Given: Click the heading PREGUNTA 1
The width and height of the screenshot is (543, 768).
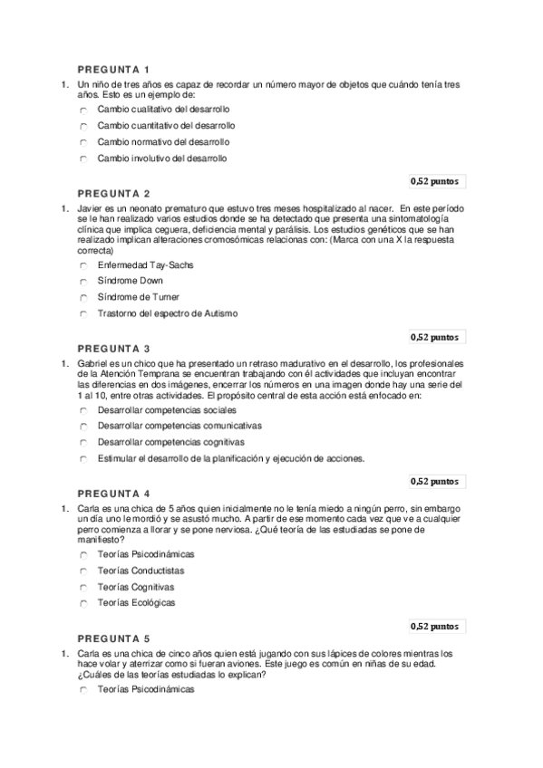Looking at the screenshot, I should tap(113, 69).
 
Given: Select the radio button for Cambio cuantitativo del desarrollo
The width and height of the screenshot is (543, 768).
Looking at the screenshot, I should tap(82, 126).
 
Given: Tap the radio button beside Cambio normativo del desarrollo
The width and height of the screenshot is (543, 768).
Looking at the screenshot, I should tap(82, 142).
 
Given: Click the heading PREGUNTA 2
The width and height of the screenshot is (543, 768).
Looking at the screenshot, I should tap(113, 193).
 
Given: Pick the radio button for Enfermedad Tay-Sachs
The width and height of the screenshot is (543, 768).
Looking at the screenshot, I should tap(82, 265).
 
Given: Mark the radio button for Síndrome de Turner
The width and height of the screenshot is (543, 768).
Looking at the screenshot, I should tap(82, 298).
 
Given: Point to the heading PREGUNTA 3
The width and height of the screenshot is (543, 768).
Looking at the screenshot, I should tap(113, 348).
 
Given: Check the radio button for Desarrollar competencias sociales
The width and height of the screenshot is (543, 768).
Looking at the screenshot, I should tap(82, 410).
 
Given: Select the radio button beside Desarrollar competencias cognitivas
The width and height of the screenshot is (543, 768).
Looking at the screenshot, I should tap(82, 442).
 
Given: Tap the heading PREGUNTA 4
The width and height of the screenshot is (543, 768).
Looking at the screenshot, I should tap(113, 494).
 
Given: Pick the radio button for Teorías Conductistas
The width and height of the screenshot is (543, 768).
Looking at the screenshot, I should tap(82, 571).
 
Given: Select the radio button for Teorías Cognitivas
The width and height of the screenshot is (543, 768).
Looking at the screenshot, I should tap(82, 588).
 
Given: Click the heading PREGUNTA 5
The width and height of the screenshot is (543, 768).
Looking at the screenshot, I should tap(113, 638).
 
